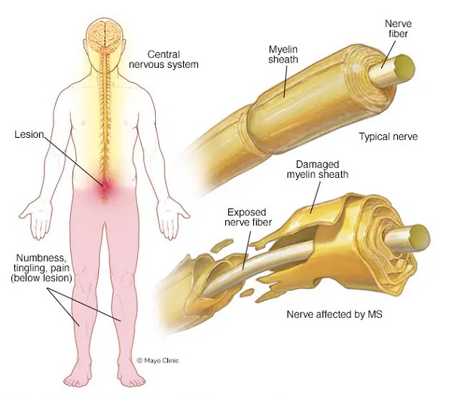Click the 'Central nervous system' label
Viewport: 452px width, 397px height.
pos(163,60)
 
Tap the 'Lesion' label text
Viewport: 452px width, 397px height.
pos(29,134)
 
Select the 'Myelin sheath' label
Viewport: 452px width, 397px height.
pos(283,54)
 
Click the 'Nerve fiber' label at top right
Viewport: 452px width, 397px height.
pos(398,29)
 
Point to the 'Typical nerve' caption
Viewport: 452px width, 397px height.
pos(388,136)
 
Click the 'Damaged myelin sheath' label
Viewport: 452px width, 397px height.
pos(317,169)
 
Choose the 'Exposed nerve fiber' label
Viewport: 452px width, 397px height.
pos(248,217)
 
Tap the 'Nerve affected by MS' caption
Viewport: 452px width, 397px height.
pos(334,314)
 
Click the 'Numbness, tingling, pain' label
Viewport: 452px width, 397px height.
pos(41,268)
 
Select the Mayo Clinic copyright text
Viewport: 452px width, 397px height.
pos(157,360)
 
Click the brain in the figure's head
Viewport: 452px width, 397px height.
pos(105,35)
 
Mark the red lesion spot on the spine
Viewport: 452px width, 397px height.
pos(105,186)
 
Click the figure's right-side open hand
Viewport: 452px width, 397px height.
pos(173,219)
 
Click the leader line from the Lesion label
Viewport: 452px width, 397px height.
pos(74,162)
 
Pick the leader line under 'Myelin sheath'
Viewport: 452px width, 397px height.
pos(285,81)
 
